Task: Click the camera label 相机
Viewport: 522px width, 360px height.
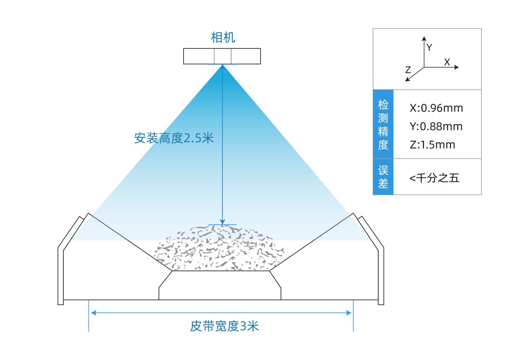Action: coord(223,37)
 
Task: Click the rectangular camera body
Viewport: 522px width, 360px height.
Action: coord(222,56)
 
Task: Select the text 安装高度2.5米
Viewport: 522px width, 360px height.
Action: coord(174,138)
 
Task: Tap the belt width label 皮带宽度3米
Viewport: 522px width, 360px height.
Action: coord(224,326)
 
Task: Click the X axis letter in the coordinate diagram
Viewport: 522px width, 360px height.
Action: coord(447,62)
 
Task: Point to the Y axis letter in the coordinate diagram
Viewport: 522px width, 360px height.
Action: coord(430,47)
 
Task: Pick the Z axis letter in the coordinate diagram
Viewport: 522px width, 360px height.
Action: coord(408,70)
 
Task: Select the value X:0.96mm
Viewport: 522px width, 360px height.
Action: coord(436,108)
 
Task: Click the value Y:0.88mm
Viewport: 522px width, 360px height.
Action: coord(436,127)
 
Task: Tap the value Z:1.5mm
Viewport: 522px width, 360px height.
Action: coord(432,145)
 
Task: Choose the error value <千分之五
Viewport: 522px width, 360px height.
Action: coord(434,178)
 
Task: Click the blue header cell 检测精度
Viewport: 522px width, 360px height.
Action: coord(383,124)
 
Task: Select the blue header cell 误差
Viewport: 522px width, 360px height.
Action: coord(383,177)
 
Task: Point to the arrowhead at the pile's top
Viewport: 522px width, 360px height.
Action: coord(222,222)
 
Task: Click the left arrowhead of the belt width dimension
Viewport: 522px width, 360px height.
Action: coord(93,313)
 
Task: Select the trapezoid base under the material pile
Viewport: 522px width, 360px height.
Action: coord(220,285)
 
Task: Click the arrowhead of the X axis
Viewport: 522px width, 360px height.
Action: coord(457,67)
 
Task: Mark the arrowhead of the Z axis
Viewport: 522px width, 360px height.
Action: coord(407,79)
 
